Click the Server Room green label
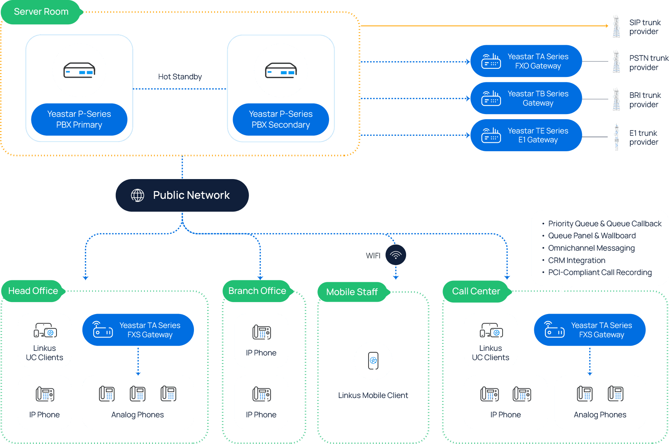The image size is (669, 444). (41, 12)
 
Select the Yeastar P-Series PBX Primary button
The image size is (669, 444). (79, 120)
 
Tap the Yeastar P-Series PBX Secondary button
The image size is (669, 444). (281, 120)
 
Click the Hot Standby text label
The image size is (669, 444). (180, 77)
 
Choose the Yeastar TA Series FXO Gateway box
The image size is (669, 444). (526, 61)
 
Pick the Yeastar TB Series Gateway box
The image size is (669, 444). (526, 98)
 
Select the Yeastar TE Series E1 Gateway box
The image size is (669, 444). (526, 135)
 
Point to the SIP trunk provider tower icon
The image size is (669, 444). (616, 26)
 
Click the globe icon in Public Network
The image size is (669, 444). (137, 195)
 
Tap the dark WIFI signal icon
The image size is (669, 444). (396, 255)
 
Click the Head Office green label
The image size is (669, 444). (33, 291)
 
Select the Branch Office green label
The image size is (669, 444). (257, 291)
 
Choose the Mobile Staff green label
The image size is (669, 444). (352, 292)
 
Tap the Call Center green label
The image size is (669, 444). (477, 291)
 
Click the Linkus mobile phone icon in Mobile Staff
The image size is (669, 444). (373, 361)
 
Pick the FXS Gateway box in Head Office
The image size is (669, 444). (138, 330)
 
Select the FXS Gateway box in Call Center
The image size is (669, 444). (590, 330)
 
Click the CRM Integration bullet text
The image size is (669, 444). (577, 260)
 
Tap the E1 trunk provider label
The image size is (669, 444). (643, 138)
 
